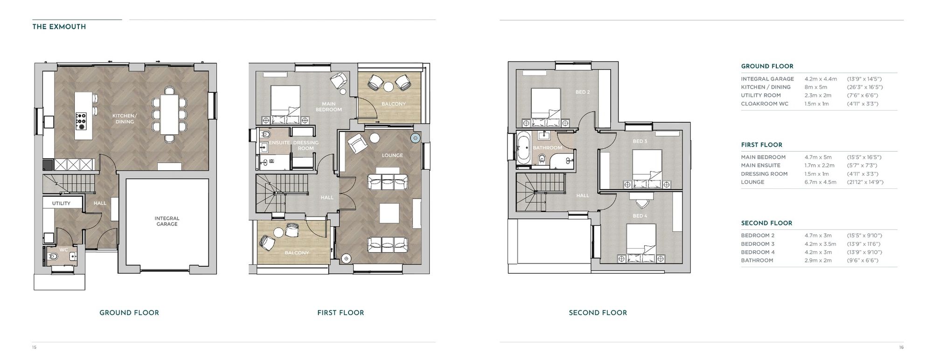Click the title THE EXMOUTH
pyautogui.click(x=59, y=27)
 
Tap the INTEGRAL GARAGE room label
pyautogui.click(x=167, y=221)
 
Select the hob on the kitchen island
pyautogui.click(x=81, y=120)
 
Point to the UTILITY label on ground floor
pyautogui.click(x=61, y=203)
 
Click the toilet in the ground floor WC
pyautogui.click(x=52, y=256)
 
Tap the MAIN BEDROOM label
pyautogui.click(x=328, y=107)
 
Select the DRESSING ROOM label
pyautogui.click(x=306, y=145)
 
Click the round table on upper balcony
pyautogui.click(x=389, y=86)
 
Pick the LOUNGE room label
pyautogui.click(x=392, y=155)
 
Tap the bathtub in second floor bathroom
pyautogui.click(x=522, y=147)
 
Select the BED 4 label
pyautogui.click(x=640, y=216)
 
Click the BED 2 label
pyautogui.click(x=582, y=92)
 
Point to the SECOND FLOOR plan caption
pyautogui.click(x=598, y=313)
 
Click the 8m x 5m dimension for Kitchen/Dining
pyautogui.click(x=815, y=87)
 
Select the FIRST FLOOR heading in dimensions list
pyautogui.click(x=761, y=145)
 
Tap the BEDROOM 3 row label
pyautogui.click(x=757, y=244)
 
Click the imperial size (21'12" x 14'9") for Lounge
pyautogui.click(x=865, y=182)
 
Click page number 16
pyautogui.click(x=901, y=347)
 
